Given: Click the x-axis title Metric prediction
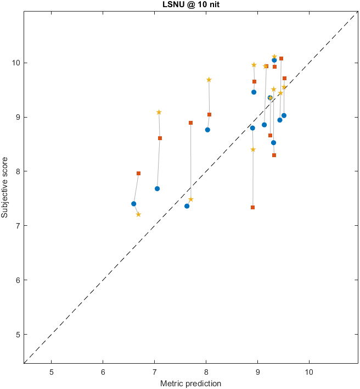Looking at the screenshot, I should click(190, 383).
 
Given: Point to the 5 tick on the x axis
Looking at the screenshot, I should click(52, 371).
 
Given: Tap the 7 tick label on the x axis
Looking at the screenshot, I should click(154, 371).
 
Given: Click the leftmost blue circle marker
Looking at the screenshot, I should click(134, 204).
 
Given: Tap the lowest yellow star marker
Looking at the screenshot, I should click(138, 214).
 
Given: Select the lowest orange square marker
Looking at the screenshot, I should click(252, 207).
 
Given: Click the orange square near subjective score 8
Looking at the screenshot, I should click(138, 173).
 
